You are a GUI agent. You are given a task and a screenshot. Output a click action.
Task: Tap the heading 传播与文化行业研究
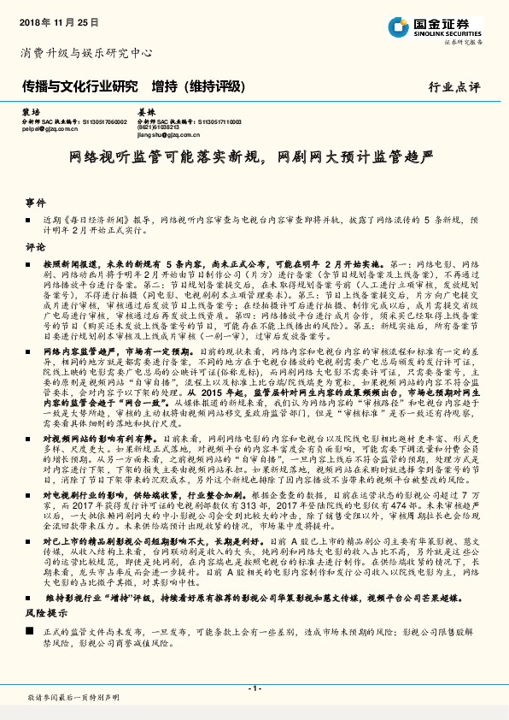click(78, 87)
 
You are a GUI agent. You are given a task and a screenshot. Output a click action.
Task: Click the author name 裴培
click(31, 112)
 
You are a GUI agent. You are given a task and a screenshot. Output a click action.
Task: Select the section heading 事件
click(35, 202)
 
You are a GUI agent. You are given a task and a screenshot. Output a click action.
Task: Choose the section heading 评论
click(35, 245)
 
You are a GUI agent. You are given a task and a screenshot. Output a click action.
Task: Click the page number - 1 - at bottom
click(254, 688)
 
